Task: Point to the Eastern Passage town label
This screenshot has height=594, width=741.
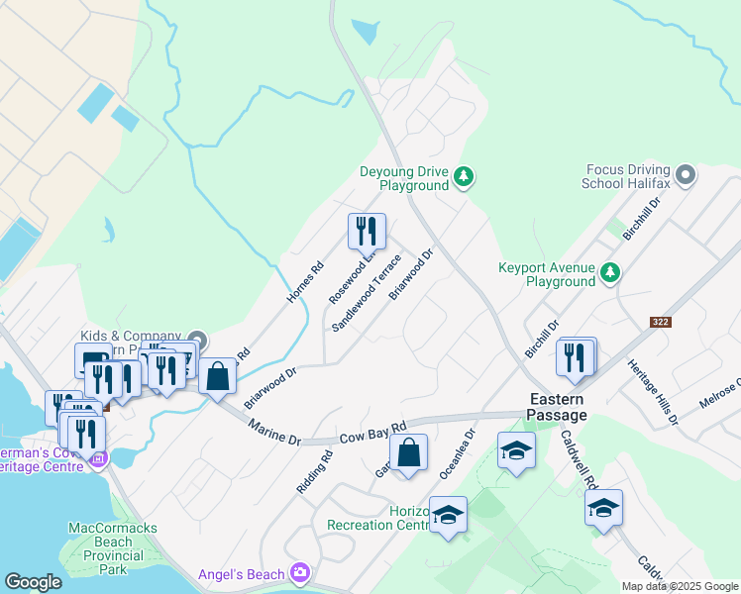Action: click(556, 408)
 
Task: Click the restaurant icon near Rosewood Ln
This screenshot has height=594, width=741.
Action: click(367, 231)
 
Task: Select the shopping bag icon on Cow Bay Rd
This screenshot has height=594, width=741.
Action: click(408, 454)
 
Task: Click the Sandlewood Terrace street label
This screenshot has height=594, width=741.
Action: click(366, 293)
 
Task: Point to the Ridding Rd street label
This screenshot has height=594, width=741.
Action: click(314, 473)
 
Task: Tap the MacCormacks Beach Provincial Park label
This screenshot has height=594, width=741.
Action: click(113, 548)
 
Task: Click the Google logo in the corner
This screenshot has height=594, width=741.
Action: click(34, 581)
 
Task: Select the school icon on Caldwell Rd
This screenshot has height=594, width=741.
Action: click(603, 509)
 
